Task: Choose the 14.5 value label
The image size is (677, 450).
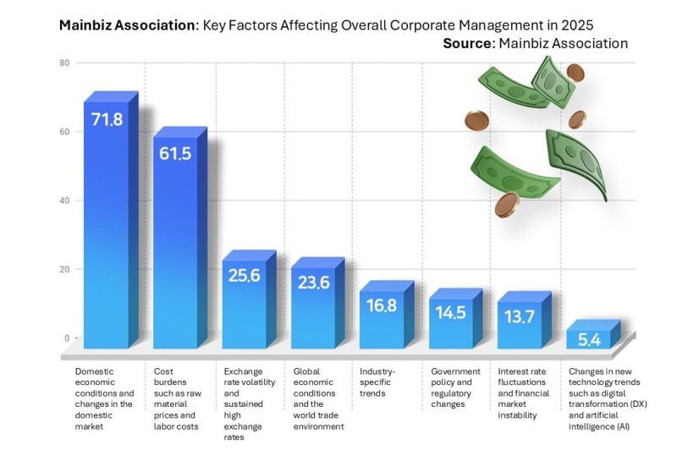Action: pos(450,311)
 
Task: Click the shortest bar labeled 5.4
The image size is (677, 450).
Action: pos(589,337)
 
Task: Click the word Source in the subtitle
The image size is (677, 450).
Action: pos(468,43)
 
